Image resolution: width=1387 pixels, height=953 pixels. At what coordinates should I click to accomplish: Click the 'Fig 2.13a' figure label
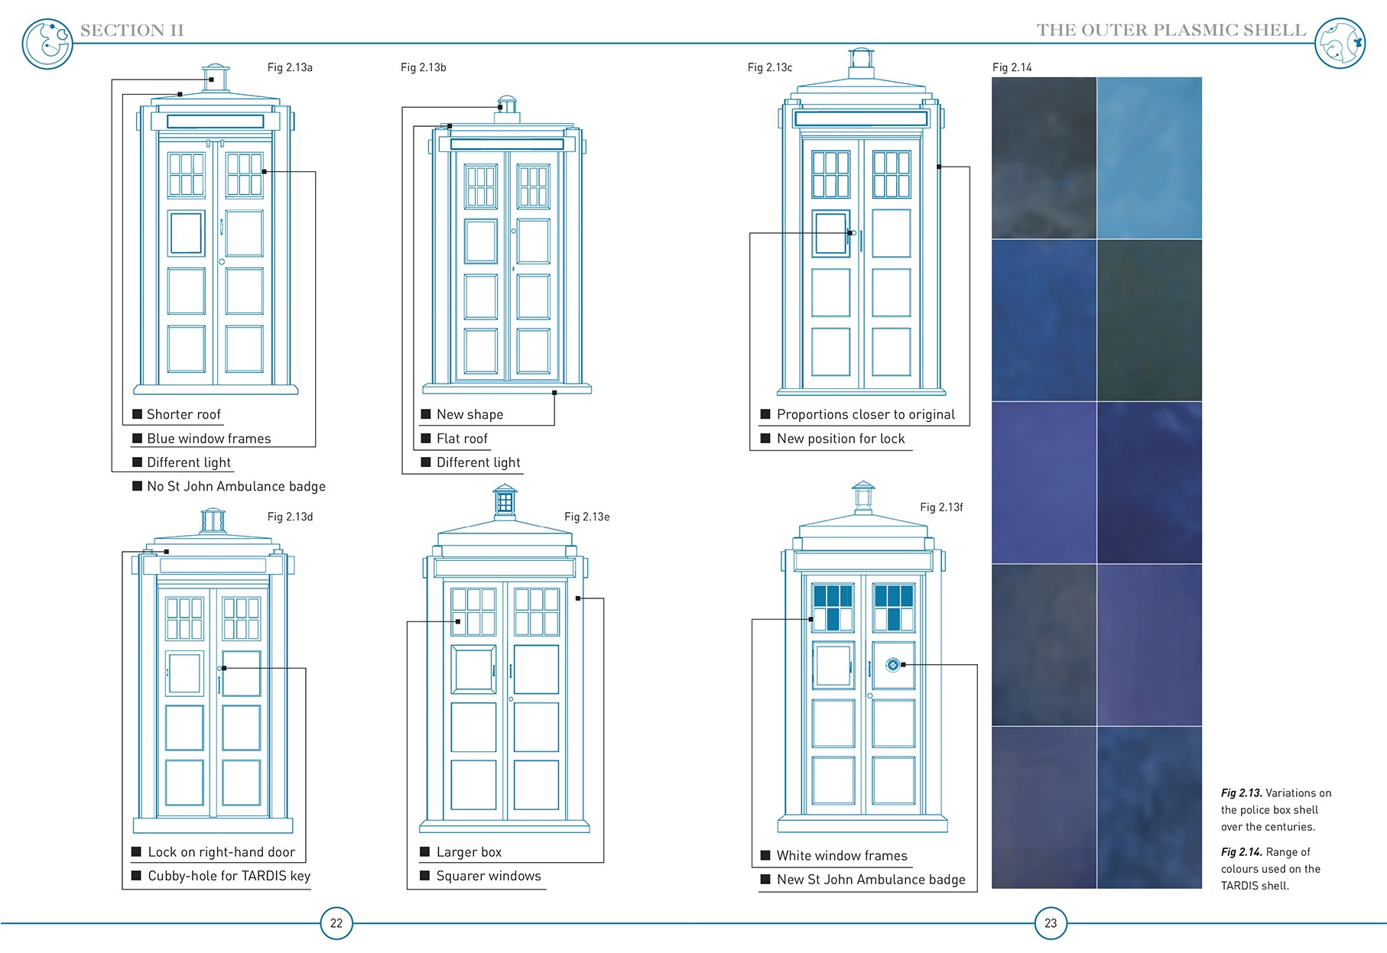pos(290,67)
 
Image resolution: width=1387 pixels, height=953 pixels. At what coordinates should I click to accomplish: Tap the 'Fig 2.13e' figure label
pos(586,517)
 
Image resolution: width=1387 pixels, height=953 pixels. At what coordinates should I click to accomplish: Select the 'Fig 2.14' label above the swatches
pos(1012,67)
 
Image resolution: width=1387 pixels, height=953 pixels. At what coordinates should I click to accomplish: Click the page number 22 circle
pos(336,923)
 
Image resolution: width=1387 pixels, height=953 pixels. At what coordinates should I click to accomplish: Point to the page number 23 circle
pos(1051,923)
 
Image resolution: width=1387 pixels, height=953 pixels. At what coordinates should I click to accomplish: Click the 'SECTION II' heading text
pos(132,31)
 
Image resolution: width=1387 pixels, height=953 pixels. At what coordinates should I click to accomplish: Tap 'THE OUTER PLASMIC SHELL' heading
pos(1171,31)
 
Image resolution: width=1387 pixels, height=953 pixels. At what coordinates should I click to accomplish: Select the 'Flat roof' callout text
pos(462,439)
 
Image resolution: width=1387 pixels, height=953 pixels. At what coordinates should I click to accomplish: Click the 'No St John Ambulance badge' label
pos(236,486)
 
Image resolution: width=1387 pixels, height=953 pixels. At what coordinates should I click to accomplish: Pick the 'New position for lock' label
pos(840,439)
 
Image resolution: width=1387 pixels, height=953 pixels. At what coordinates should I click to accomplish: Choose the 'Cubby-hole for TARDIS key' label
pos(229,876)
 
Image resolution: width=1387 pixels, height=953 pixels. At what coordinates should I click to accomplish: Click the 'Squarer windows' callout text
pos(489,876)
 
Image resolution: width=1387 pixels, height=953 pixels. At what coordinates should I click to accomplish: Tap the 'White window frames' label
pos(842,856)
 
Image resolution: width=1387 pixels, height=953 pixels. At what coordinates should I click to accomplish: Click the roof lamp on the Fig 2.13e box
pos(505,501)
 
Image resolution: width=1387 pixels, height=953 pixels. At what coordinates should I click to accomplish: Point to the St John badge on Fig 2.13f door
pos(892,665)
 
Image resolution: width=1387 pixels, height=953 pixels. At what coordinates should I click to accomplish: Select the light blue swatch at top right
pos(1149,157)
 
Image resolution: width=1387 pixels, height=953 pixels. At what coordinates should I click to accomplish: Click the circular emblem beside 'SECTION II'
pos(47,44)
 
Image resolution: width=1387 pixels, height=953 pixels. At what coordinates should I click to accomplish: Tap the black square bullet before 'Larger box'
pos(424,852)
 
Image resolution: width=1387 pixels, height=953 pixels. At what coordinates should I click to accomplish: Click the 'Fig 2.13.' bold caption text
pos(1241,793)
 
